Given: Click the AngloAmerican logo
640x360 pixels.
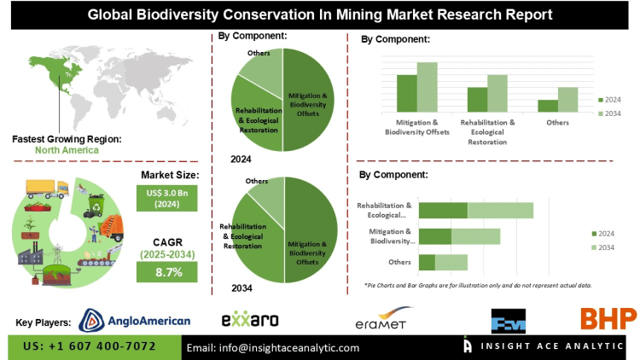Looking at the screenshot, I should point(134,320).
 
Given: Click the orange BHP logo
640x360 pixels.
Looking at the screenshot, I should point(608,319).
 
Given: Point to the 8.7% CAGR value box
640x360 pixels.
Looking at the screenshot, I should point(167,272).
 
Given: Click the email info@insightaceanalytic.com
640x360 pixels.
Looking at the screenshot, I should point(273,347).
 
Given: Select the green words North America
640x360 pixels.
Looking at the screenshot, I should point(67,150).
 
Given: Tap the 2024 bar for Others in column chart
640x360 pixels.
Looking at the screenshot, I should point(547,105).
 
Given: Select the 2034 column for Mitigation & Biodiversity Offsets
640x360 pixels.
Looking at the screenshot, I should point(427,86).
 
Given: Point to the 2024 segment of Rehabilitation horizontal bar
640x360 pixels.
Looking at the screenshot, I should point(443,210).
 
